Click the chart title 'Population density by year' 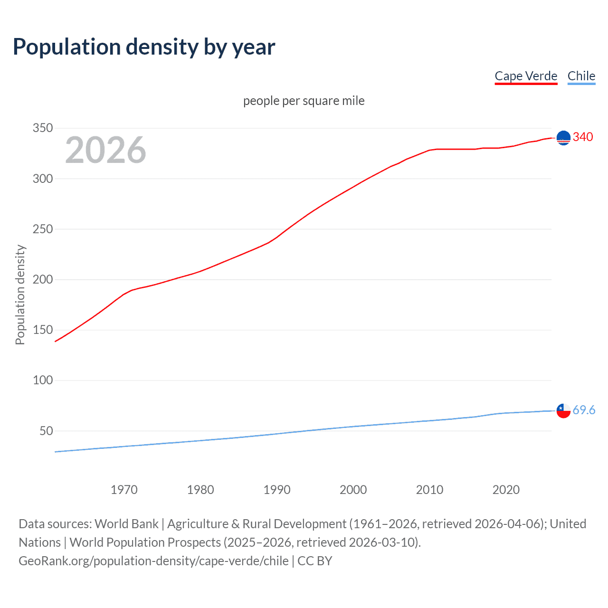pyautogui.click(x=144, y=47)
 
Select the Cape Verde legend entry pyautogui.click(x=526, y=76)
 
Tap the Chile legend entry pyautogui.click(x=581, y=76)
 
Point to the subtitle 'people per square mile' pyautogui.click(x=304, y=101)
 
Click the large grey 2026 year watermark pyautogui.click(x=105, y=150)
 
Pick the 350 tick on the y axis pyautogui.click(x=42, y=128)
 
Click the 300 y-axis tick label pyautogui.click(x=42, y=179)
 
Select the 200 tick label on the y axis pyautogui.click(x=42, y=279)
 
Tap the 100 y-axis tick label pyautogui.click(x=42, y=380)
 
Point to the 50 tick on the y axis pyautogui.click(x=46, y=431)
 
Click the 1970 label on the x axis pyautogui.click(x=124, y=490)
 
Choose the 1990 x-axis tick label pyautogui.click(x=277, y=490)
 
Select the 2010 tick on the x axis pyautogui.click(x=429, y=490)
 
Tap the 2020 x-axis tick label pyautogui.click(x=506, y=490)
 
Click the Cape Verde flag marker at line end pyautogui.click(x=563, y=138)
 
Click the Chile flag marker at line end pyautogui.click(x=563, y=411)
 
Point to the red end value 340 pyautogui.click(x=583, y=137)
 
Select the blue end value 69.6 pyautogui.click(x=584, y=410)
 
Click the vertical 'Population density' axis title pyautogui.click(x=20, y=294)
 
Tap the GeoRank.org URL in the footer pyautogui.click(x=153, y=561)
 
